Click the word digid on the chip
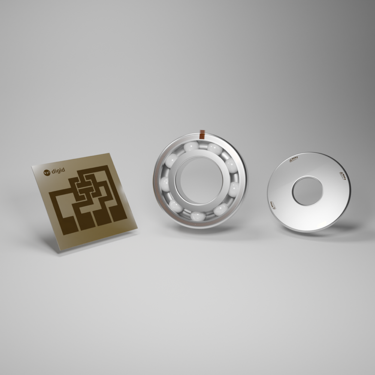pyautogui.click(x=58, y=171)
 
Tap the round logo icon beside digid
pyautogui.click(x=47, y=172)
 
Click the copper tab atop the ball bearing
pyautogui.click(x=202, y=135)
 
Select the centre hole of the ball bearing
pyautogui.click(x=200, y=180)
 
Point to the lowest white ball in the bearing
pyautogui.click(x=198, y=216)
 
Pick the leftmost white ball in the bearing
pyautogui.click(x=165, y=184)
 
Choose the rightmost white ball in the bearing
pyautogui.click(x=234, y=189)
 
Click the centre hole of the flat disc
pyautogui.click(x=307, y=191)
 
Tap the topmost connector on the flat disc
pyautogui.click(x=293, y=160)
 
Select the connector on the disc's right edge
pyautogui.click(x=343, y=175)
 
